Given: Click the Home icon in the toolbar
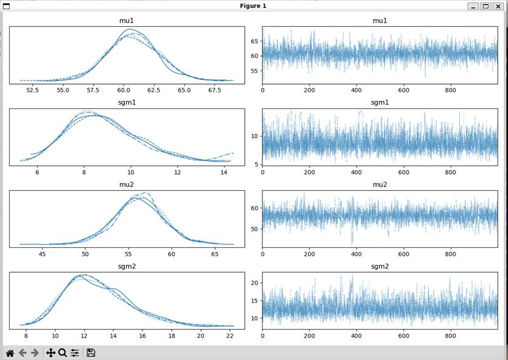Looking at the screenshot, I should (x=10, y=353).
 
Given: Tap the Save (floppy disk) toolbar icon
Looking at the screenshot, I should (x=91, y=353).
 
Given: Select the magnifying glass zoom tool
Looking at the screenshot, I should (x=62, y=353).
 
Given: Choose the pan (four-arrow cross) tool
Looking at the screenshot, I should (x=51, y=353).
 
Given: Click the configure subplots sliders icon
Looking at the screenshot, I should (x=74, y=353).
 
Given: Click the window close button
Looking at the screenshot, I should (x=498, y=6).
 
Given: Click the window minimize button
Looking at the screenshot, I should (x=473, y=6).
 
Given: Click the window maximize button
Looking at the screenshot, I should (x=485, y=6).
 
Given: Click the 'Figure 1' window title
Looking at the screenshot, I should (x=253, y=6).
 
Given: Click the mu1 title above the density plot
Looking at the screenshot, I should (x=127, y=21).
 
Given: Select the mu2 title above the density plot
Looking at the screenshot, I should (x=127, y=185).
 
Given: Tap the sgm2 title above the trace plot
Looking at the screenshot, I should (x=379, y=266).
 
